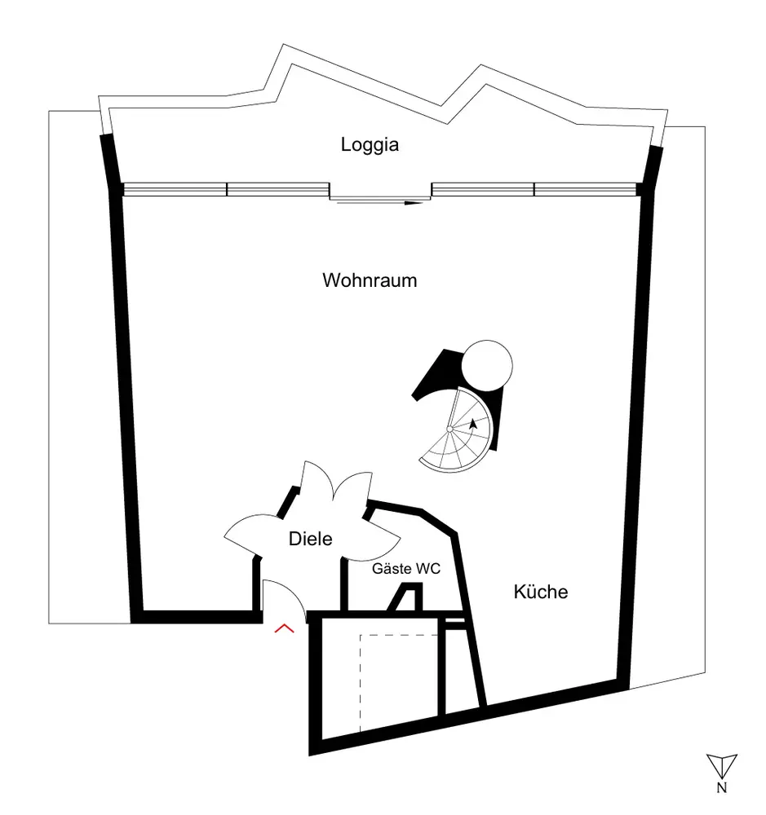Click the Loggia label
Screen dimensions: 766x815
coord(370,145)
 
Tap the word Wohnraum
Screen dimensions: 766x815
coord(370,280)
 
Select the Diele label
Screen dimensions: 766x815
coord(311,538)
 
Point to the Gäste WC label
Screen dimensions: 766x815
coord(405,569)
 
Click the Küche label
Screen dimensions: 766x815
coord(540,592)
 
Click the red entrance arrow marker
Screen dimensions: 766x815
coord(284,628)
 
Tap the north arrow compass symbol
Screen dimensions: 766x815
coord(722,765)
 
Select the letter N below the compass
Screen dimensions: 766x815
coord(722,788)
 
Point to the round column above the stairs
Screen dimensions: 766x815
coord(487,364)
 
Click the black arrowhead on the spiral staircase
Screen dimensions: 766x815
coord(473,424)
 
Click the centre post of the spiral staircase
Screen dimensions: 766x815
coord(449,430)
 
